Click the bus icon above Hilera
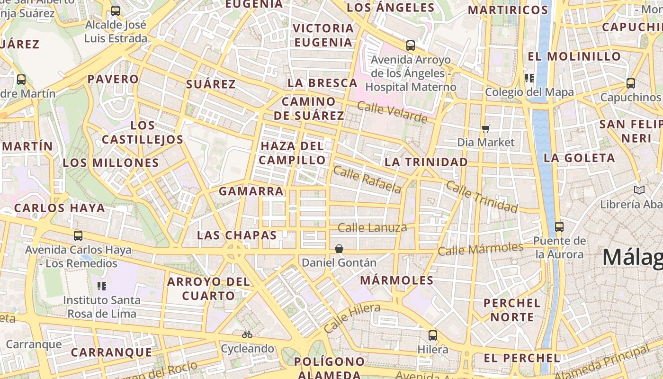(x=432, y=335)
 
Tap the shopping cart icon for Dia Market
(x=485, y=128)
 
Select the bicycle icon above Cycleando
(x=247, y=334)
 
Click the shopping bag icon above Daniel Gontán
(x=339, y=249)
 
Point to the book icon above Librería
(x=639, y=190)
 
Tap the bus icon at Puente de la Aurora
(x=559, y=226)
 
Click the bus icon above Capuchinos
(x=630, y=83)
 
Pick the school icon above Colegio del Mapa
(x=529, y=78)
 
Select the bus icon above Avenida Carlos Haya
(x=78, y=235)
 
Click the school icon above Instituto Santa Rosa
(x=101, y=286)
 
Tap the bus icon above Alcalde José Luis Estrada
(x=115, y=11)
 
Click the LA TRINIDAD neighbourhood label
(x=426, y=162)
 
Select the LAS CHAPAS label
(x=236, y=235)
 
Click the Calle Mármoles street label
(x=480, y=249)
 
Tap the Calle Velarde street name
(x=392, y=112)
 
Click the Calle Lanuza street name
(x=372, y=228)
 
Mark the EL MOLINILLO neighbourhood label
(x=574, y=56)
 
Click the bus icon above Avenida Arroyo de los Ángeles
(x=410, y=45)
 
